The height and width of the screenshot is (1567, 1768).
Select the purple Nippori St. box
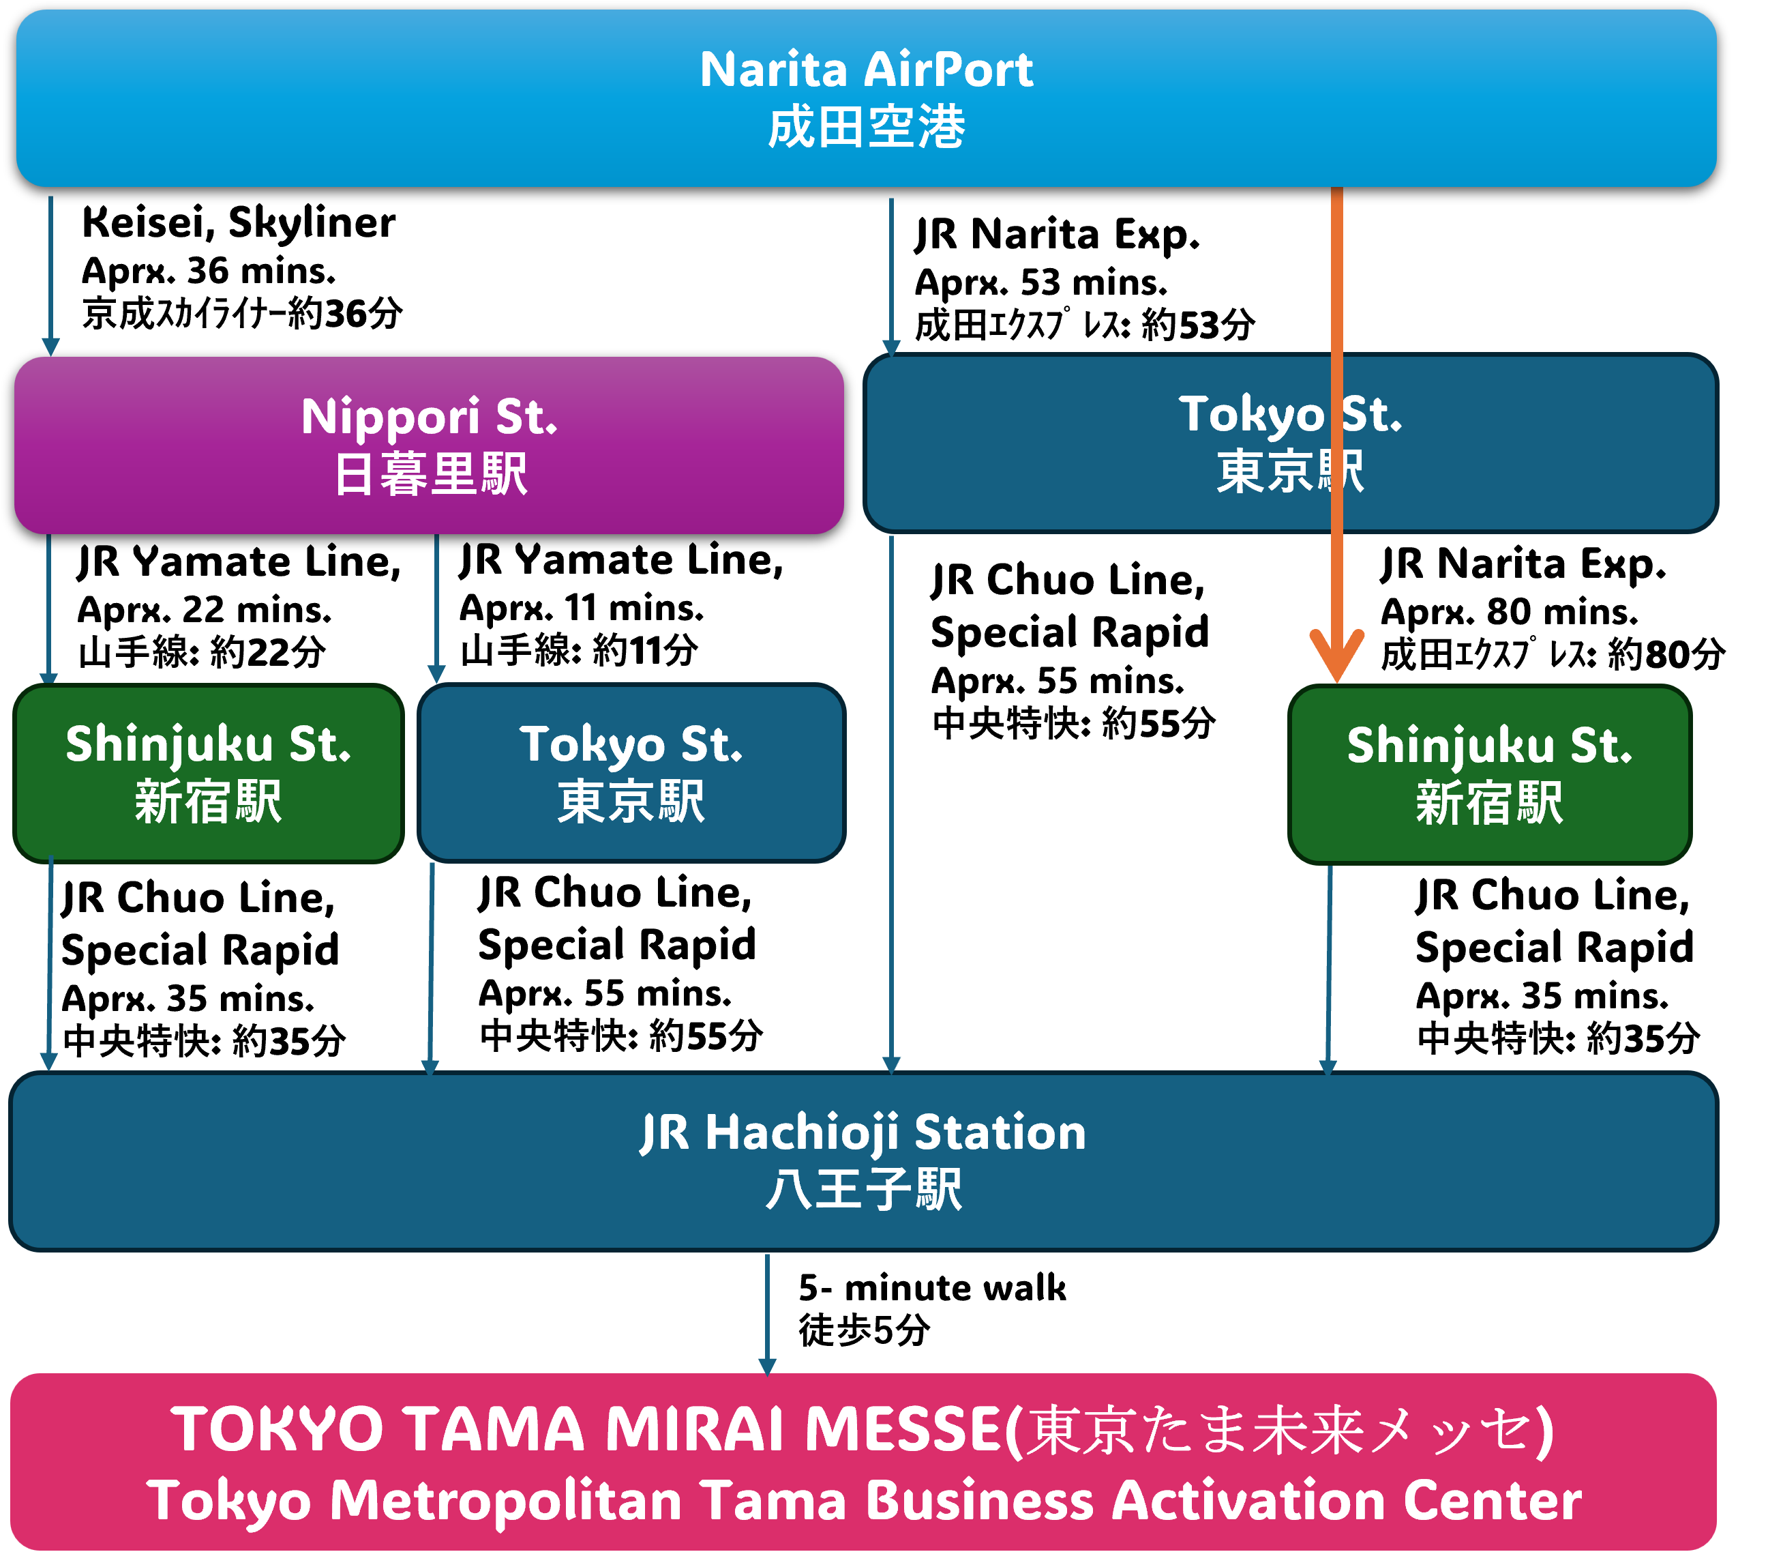[429, 445]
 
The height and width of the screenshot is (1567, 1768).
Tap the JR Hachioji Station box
[863, 1161]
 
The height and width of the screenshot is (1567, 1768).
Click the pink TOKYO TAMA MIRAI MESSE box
[863, 1463]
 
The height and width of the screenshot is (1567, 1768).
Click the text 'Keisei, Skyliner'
[239, 223]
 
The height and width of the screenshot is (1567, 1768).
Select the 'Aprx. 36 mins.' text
[209, 272]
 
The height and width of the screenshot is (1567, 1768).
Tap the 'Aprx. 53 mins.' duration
[1040, 283]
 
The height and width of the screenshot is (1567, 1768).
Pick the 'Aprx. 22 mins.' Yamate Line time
[204, 611]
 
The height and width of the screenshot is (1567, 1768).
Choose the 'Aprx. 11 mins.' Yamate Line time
[581, 609]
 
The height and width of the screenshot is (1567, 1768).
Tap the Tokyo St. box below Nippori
[631, 774]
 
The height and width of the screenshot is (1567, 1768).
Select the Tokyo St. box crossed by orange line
[1291, 443]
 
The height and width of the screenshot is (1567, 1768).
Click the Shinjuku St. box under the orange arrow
[1490, 775]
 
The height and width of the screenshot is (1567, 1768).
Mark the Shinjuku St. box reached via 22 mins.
[209, 774]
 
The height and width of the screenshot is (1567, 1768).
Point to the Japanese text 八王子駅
[863, 1190]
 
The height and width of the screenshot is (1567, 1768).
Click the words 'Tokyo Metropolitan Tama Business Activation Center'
[863, 1502]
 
